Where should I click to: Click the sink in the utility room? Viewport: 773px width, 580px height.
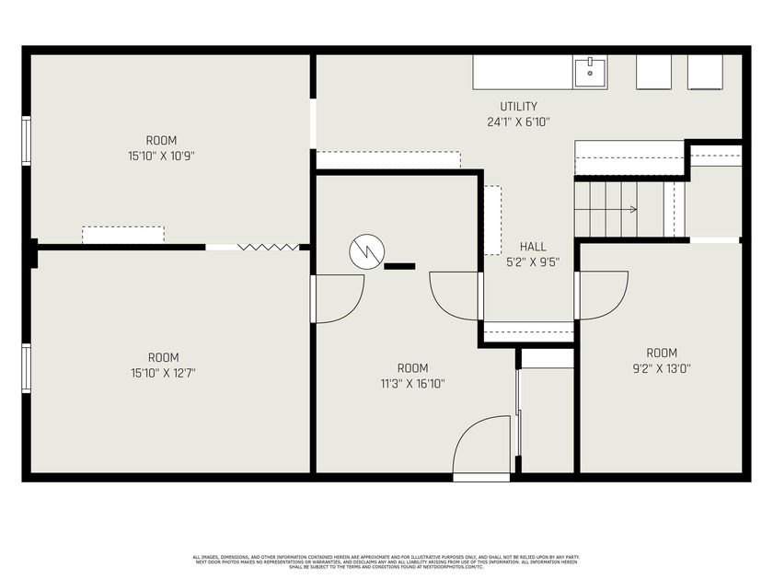590,72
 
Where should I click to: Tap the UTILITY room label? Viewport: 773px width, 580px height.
518,107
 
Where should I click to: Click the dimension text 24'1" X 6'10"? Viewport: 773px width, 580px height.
518,122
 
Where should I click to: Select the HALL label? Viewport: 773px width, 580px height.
533,247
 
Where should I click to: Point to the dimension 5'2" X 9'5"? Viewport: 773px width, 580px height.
533,261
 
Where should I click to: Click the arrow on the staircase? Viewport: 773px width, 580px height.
632,210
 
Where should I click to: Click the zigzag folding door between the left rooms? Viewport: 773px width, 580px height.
269,247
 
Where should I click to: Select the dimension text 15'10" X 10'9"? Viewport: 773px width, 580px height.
162,157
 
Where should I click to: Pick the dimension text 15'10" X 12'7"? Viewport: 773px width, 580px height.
163,373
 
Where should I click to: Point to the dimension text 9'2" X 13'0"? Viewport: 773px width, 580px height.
661,368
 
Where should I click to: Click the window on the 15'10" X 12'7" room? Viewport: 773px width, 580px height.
27,368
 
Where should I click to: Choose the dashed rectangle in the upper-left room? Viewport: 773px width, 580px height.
123,235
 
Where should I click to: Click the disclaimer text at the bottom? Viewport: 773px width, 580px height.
386,562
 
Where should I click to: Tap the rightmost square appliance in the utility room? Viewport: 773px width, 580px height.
707,72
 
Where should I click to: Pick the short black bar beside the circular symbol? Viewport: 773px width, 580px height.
399,266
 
